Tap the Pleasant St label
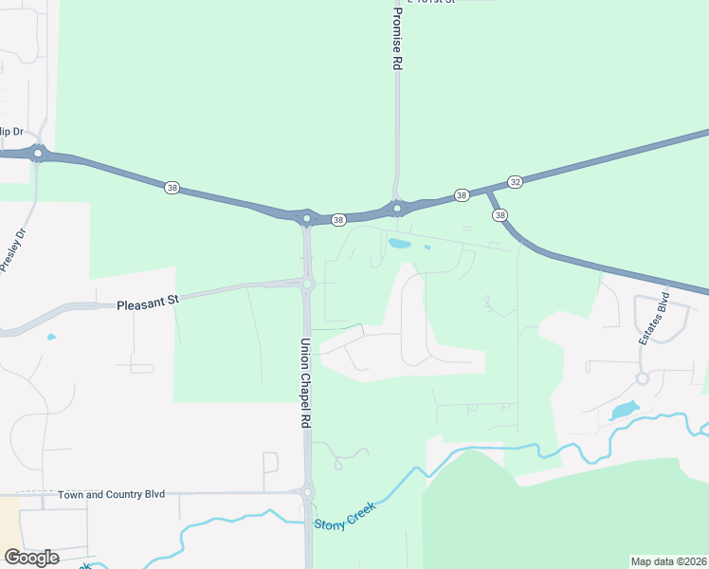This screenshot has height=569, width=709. pyautogui.click(x=148, y=303)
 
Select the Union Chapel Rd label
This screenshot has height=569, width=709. pyautogui.click(x=306, y=382)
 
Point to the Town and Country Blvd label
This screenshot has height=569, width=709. pyautogui.click(x=111, y=494)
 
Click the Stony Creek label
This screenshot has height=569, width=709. pyautogui.click(x=345, y=513)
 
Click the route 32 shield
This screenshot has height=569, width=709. pyautogui.click(x=515, y=181)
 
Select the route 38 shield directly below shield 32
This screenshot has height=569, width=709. pyautogui.click(x=500, y=215)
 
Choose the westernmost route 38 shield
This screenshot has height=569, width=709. pyautogui.click(x=172, y=188)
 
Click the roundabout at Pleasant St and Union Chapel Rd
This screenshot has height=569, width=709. pyautogui.click(x=307, y=283)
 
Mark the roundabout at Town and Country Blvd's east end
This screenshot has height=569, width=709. pyautogui.click(x=306, y=492)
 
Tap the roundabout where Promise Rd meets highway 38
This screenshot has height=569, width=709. pyautogui.click(x=397, y=209)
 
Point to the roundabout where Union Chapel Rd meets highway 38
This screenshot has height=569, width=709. pyautogui.click(x=306, y=218)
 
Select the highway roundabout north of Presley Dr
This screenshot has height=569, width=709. pyautogui.click(x=38, y=153)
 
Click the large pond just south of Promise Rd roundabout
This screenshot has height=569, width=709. pyautogui.click(x=399, y=245)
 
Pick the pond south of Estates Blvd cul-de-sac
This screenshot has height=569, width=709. pyautogui.click(x=625, y=411)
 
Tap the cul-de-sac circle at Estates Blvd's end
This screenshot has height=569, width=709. pyautogui.click(x=643, y=378)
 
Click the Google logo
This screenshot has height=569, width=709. pyautogui.click(x=31, y=557)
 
